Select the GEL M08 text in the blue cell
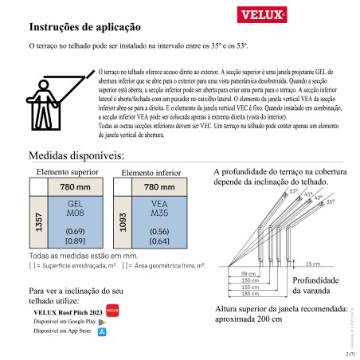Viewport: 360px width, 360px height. [76, 209]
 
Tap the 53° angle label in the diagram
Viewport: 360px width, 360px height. [293, 190]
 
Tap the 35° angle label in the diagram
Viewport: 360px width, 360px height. [331, 203]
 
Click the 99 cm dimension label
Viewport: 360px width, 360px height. [248, 273]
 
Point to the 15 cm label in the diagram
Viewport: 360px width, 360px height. [312, 264]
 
